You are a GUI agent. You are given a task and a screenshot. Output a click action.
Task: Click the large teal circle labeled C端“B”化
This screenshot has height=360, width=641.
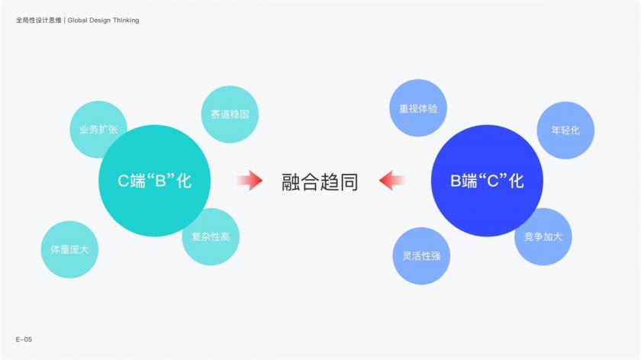click(x=154, y=181)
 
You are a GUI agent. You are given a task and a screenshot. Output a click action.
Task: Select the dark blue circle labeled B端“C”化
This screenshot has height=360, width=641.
click(x=487, y=181)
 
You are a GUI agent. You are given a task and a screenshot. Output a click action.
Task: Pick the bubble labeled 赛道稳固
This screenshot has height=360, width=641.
click(x=230, y=114)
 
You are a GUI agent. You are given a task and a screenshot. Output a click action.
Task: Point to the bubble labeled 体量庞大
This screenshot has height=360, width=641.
click(x=69, y=249)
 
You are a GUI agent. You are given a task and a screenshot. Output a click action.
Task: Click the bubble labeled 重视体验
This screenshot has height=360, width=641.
click(x=418, y=108)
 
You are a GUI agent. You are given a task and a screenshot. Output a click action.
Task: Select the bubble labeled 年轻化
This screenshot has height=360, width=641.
click(x=565, y=130)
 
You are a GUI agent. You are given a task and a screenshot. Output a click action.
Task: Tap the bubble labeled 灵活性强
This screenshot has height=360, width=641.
click(x=421, y=256)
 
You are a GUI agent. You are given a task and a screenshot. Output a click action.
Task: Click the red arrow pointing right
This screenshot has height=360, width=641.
click(x=250, y=181)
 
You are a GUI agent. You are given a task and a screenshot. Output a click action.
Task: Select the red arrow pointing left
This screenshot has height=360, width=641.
click(x=392, y=181)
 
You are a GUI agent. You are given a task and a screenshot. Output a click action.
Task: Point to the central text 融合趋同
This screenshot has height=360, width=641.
click(x=320, y=182)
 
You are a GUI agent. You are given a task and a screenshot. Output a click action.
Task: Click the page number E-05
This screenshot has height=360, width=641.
click(x=24, y=339)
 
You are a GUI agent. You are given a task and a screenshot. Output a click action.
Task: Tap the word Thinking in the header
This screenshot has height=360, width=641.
click(x=126, y=20)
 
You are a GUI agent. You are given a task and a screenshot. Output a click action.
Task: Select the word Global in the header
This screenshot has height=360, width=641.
click(x=77, y=20)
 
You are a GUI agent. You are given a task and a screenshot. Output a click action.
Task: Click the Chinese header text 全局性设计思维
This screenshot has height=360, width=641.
click(x=38, y=20)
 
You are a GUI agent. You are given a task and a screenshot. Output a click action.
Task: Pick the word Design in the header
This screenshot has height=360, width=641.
click(x=100, y=20)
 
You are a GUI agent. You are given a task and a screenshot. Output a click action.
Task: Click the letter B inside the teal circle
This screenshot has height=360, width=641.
click(x=160, y=181)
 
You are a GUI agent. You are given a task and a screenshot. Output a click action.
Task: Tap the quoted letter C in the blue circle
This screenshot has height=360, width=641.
click(x=493, y=181)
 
